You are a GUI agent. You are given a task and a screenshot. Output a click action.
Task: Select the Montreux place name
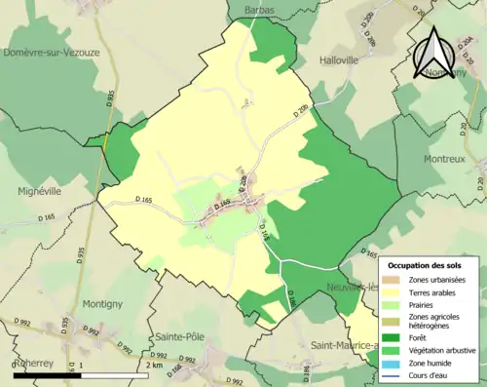click(x=446, y=158)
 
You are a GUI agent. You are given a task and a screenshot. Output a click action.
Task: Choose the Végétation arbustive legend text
click(x=447, y=348)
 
